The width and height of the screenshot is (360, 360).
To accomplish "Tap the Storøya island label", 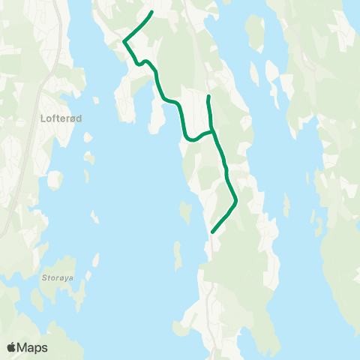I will [x=58, y=276].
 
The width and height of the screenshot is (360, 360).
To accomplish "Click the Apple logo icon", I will [x=12, y=347].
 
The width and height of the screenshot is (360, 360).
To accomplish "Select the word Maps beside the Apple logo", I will [x=33, y=347].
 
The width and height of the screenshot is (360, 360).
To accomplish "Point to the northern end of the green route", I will [x=152, y=12].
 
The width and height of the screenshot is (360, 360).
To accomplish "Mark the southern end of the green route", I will [x=213, y=232].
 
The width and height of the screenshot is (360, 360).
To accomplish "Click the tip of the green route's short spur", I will [x=208, y=97].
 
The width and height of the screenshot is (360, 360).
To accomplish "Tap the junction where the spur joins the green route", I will [x=212, y=132].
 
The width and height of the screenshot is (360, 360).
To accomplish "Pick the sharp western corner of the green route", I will [x=124, y=41].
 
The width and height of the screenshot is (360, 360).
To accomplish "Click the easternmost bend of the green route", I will [x=236, y=200].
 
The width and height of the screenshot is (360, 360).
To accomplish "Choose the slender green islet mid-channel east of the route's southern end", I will [x=286, y=202].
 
